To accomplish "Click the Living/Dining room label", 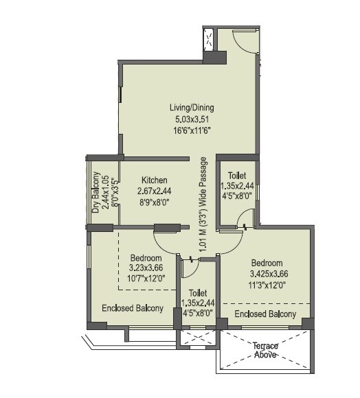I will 192,108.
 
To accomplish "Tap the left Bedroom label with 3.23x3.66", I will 146,259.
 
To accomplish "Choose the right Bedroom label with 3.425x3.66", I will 267,263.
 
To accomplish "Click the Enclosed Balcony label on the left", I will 133,308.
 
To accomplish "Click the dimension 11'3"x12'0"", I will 267,285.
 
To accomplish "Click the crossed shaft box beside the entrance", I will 208,40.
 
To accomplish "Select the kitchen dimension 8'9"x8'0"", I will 155,202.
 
